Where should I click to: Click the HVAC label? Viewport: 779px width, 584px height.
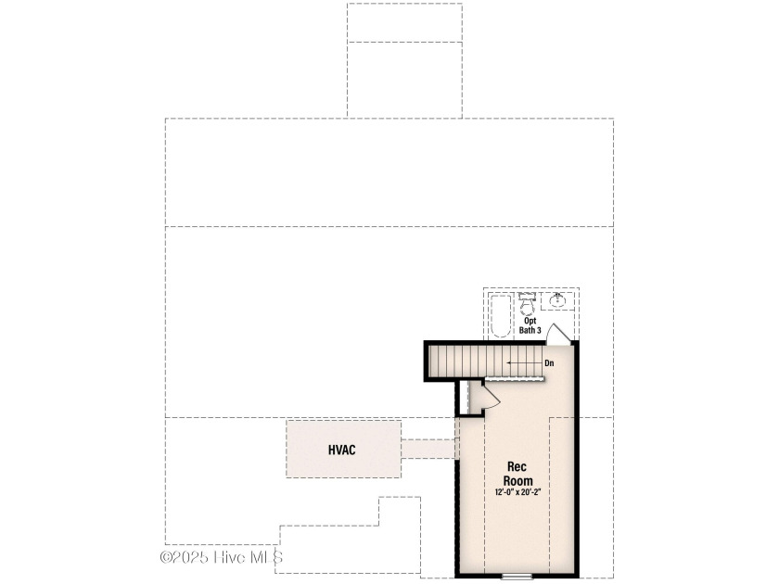(342, 450)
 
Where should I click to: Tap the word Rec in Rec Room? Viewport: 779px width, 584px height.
(517, 467)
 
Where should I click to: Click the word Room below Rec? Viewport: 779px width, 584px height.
(517, 481)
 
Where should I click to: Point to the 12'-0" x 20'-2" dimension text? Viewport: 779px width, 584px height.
(517, 492)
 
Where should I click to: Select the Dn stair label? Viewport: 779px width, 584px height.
(549, 363)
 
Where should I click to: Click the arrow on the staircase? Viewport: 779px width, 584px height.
(524, 363)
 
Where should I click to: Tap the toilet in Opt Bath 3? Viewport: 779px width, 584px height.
(527, 304)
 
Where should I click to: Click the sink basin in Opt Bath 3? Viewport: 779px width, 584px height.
(557, 300)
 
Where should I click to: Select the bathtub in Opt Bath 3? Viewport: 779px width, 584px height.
(500, 316)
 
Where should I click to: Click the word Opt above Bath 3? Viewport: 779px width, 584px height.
(530, 321)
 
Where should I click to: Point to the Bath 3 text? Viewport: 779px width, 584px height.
(530, 330)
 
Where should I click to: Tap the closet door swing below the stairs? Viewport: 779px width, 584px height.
(490, 396)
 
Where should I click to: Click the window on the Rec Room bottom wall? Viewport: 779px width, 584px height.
(517, 577)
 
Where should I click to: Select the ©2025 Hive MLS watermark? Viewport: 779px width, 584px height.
(222, 557)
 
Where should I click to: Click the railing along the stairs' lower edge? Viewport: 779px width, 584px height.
(515, 379)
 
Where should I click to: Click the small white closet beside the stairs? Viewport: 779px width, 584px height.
(464, 398)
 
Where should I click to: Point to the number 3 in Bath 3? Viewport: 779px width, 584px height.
(539, 330)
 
